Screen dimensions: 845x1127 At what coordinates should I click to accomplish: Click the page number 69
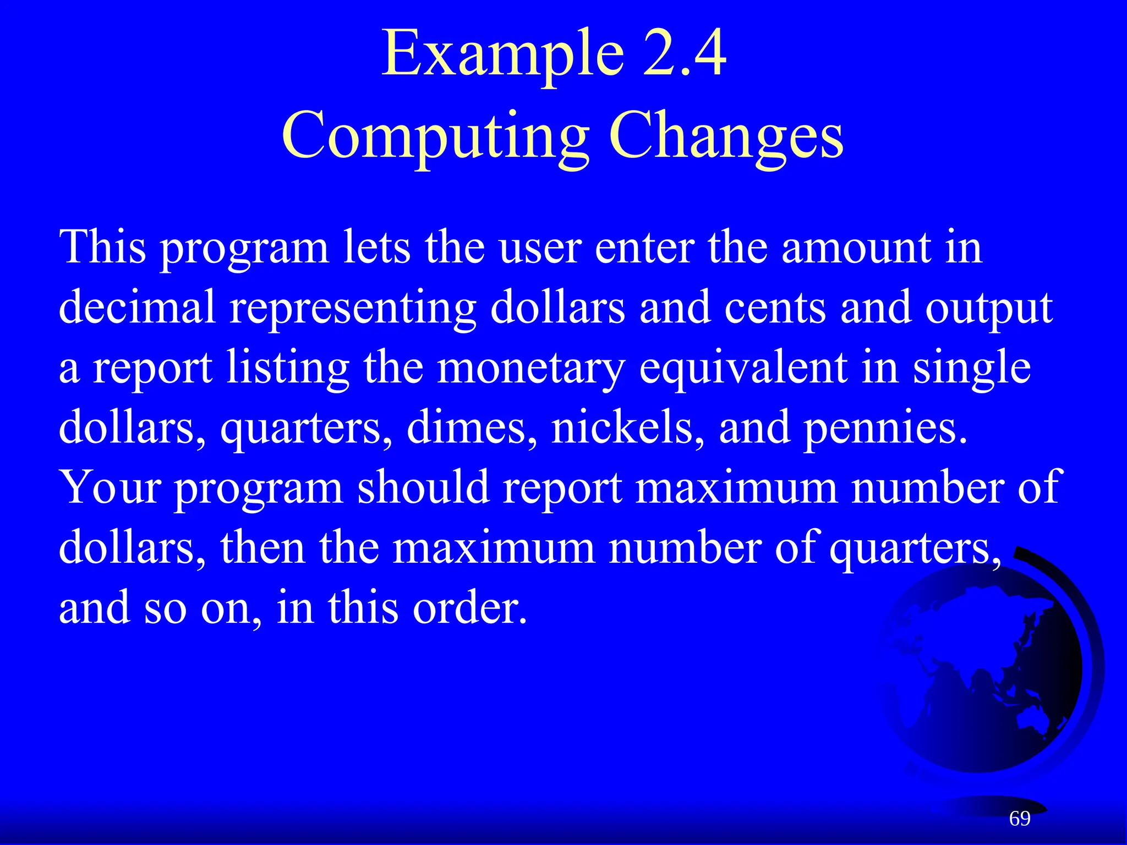(x=1019, y=819)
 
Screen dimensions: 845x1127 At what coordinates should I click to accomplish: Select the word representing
(x=352, y=308)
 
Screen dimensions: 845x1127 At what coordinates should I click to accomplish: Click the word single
(x=971, y=369)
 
